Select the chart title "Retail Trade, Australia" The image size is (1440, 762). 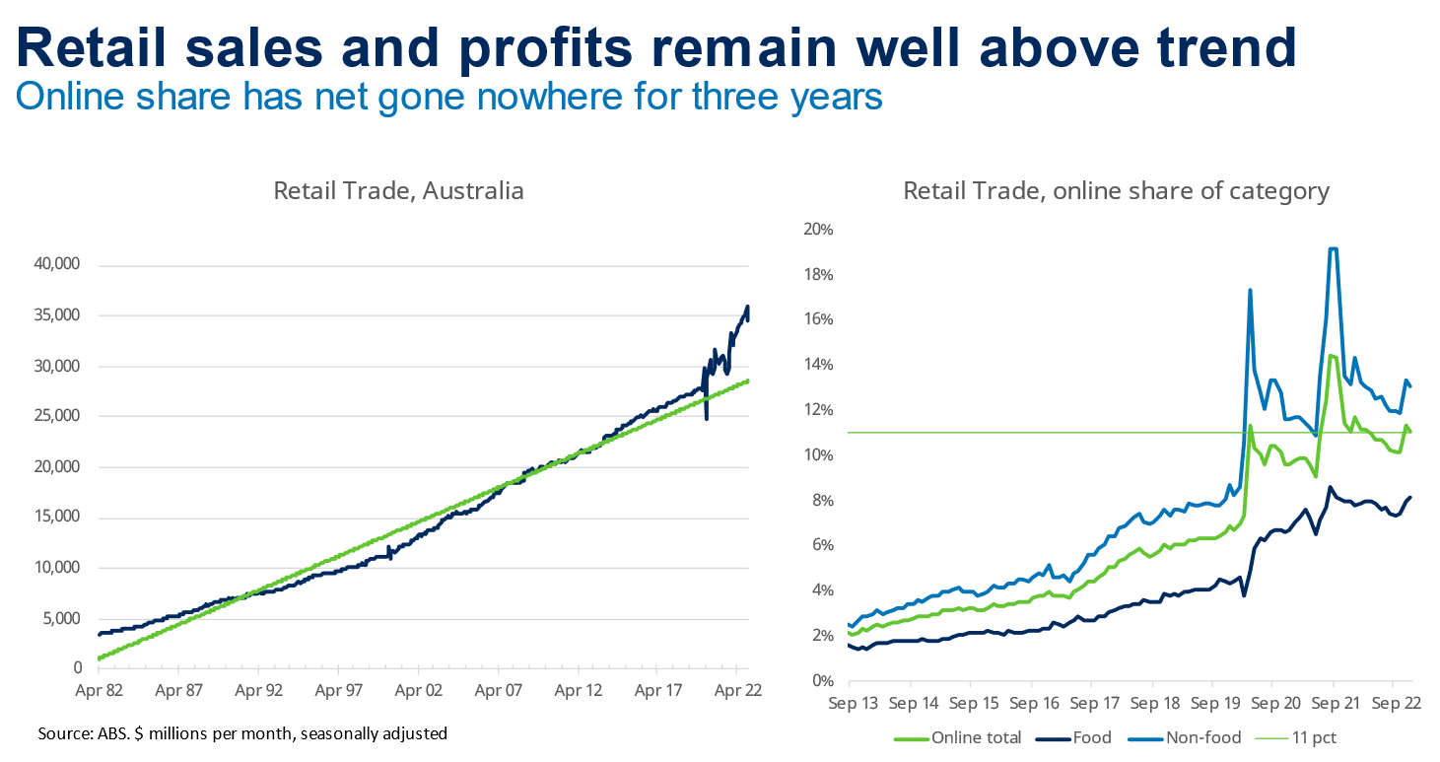click(398, 190)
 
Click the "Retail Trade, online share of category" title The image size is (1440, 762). click(1117, 190)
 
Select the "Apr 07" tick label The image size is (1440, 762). click(499, 691)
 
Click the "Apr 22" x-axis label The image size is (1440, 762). click(738, 691)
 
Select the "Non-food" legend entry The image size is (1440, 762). click(1201, 736)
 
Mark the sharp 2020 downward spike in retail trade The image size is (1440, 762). click(707, 418)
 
